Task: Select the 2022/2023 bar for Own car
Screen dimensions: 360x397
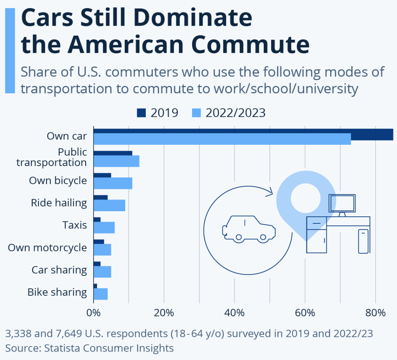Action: (x=222, y=139)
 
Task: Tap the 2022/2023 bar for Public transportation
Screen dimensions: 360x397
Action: (x=116, y=161)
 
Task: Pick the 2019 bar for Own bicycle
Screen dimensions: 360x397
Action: (x=102, y=175)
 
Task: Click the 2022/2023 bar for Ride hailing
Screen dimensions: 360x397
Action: (x=109, y=205)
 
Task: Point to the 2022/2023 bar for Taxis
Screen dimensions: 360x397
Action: (x=104, y=228)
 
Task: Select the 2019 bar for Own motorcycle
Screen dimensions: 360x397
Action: (x=99, y=241)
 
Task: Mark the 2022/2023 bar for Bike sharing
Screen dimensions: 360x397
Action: (x=101, y=294)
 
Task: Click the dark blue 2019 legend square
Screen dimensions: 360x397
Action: (x=141, y=113)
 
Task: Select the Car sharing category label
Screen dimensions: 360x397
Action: (x=59, y=270)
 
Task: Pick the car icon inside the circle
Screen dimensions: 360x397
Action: (x=249, y=229)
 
